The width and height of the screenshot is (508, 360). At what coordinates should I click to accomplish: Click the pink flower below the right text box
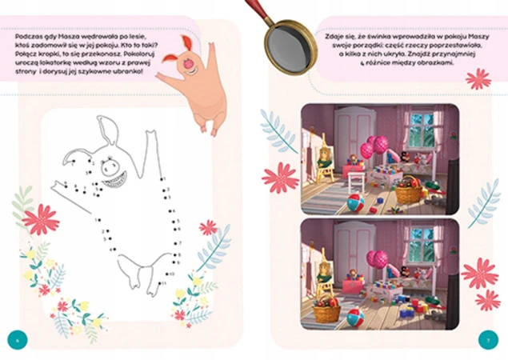point(478,78)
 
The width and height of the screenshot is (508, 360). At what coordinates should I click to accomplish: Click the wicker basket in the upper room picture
point(408,191)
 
